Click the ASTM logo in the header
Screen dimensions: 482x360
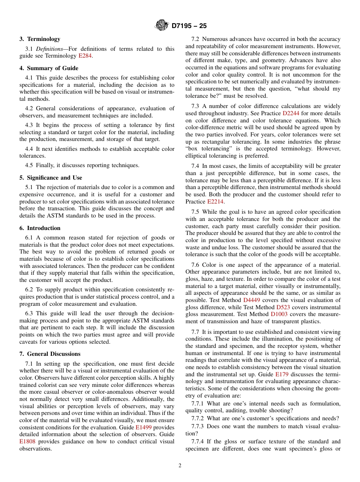(x=162, y=26)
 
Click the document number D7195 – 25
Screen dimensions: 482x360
(x=189, y=26)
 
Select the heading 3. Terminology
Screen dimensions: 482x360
(x=40, y=39)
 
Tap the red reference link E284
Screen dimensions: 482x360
(x=85, y=56)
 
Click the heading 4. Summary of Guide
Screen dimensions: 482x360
(x=49, y=68)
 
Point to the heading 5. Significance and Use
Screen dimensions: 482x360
(x=51, y=178)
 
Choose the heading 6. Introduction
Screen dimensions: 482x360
(x=40, y=228)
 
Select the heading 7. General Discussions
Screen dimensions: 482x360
(x=50, y=354)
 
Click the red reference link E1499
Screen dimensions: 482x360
(x=142, y=427)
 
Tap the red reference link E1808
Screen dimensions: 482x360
(x=28, y=441)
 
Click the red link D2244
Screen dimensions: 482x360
(x=290, y=113)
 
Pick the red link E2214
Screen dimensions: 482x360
(x=215, y=202)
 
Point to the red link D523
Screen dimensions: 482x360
(x=283, y=307)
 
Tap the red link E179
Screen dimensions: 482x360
(x=282, y=374)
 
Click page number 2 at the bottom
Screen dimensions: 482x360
(x=180, y=466)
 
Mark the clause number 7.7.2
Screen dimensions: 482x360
(x=198, y=418)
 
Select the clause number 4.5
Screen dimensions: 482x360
(x=29, y=165)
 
